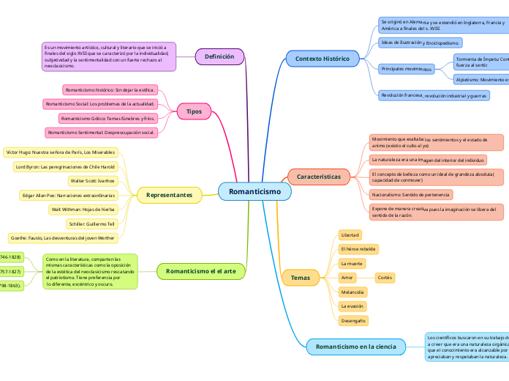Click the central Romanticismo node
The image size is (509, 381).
(254, 191)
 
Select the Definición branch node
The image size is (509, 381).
(219, 56)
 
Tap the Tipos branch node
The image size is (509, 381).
(194, 111)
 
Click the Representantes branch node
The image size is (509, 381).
(169, 195)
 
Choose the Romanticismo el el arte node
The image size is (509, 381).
(200, 271)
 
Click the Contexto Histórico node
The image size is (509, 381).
(322, 58)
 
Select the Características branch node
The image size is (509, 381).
(318, 177)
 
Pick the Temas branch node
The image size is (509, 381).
(300, 278)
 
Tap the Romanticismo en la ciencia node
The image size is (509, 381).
(355, 346)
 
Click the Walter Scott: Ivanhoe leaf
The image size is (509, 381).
(92, 180)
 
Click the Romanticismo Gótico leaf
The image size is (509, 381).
(108, 118)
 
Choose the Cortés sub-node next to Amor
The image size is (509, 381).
(385, 278)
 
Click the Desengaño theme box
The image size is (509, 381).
(352, 320)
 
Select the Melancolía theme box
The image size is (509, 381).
(352, 292)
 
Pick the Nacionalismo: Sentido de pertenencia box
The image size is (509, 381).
(410, 195)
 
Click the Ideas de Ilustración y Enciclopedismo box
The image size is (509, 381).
(420, 42)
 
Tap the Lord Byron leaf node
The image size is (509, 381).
(65, 166)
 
